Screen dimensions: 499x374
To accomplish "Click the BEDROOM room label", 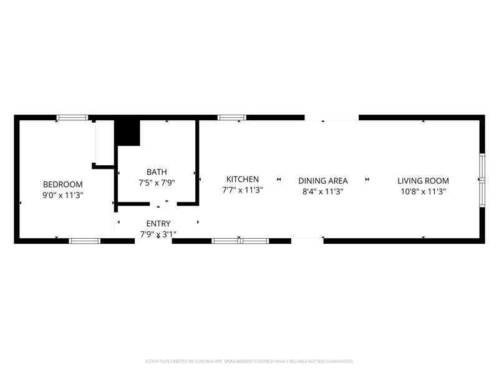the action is click(x=63, y=185).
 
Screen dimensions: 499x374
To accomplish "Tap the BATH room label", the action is click(x=157, y=172).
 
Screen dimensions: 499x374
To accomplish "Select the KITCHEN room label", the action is click(x=243, y=180).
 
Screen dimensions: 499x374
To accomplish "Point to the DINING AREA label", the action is click(x=322, y=181).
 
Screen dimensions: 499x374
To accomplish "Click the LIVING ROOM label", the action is click(x=423, y=181).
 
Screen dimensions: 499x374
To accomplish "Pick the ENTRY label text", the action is click(x=158, y=224).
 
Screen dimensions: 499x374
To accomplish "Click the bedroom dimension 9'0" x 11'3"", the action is click(x=63, y=195).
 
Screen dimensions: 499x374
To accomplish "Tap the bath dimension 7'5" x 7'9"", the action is click(x=157, y=183).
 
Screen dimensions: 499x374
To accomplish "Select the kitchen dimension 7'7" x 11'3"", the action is click(x=243, y=190).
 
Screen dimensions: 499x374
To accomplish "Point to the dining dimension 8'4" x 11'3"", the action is click(x=322, y=192).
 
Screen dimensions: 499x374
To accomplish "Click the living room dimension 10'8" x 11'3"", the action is click(x=423, y=192).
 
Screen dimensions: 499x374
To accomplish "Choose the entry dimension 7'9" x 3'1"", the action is click(x=158, y=234).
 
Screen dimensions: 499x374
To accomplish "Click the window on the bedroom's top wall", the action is click(x=72, y=118).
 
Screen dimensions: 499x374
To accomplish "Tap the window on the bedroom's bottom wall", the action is click(x=85, y=241).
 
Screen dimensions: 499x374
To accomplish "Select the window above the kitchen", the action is click(x=232, y=118).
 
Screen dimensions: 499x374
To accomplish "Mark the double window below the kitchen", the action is click(x=240, y=241).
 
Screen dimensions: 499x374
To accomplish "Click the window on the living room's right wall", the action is click(x=482, y=180).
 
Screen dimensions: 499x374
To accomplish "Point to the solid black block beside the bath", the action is click(x=127, y=133).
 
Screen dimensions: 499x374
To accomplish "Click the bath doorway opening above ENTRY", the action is click(x=163, y=204).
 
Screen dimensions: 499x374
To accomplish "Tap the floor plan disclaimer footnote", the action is click(x=249, y=362).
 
